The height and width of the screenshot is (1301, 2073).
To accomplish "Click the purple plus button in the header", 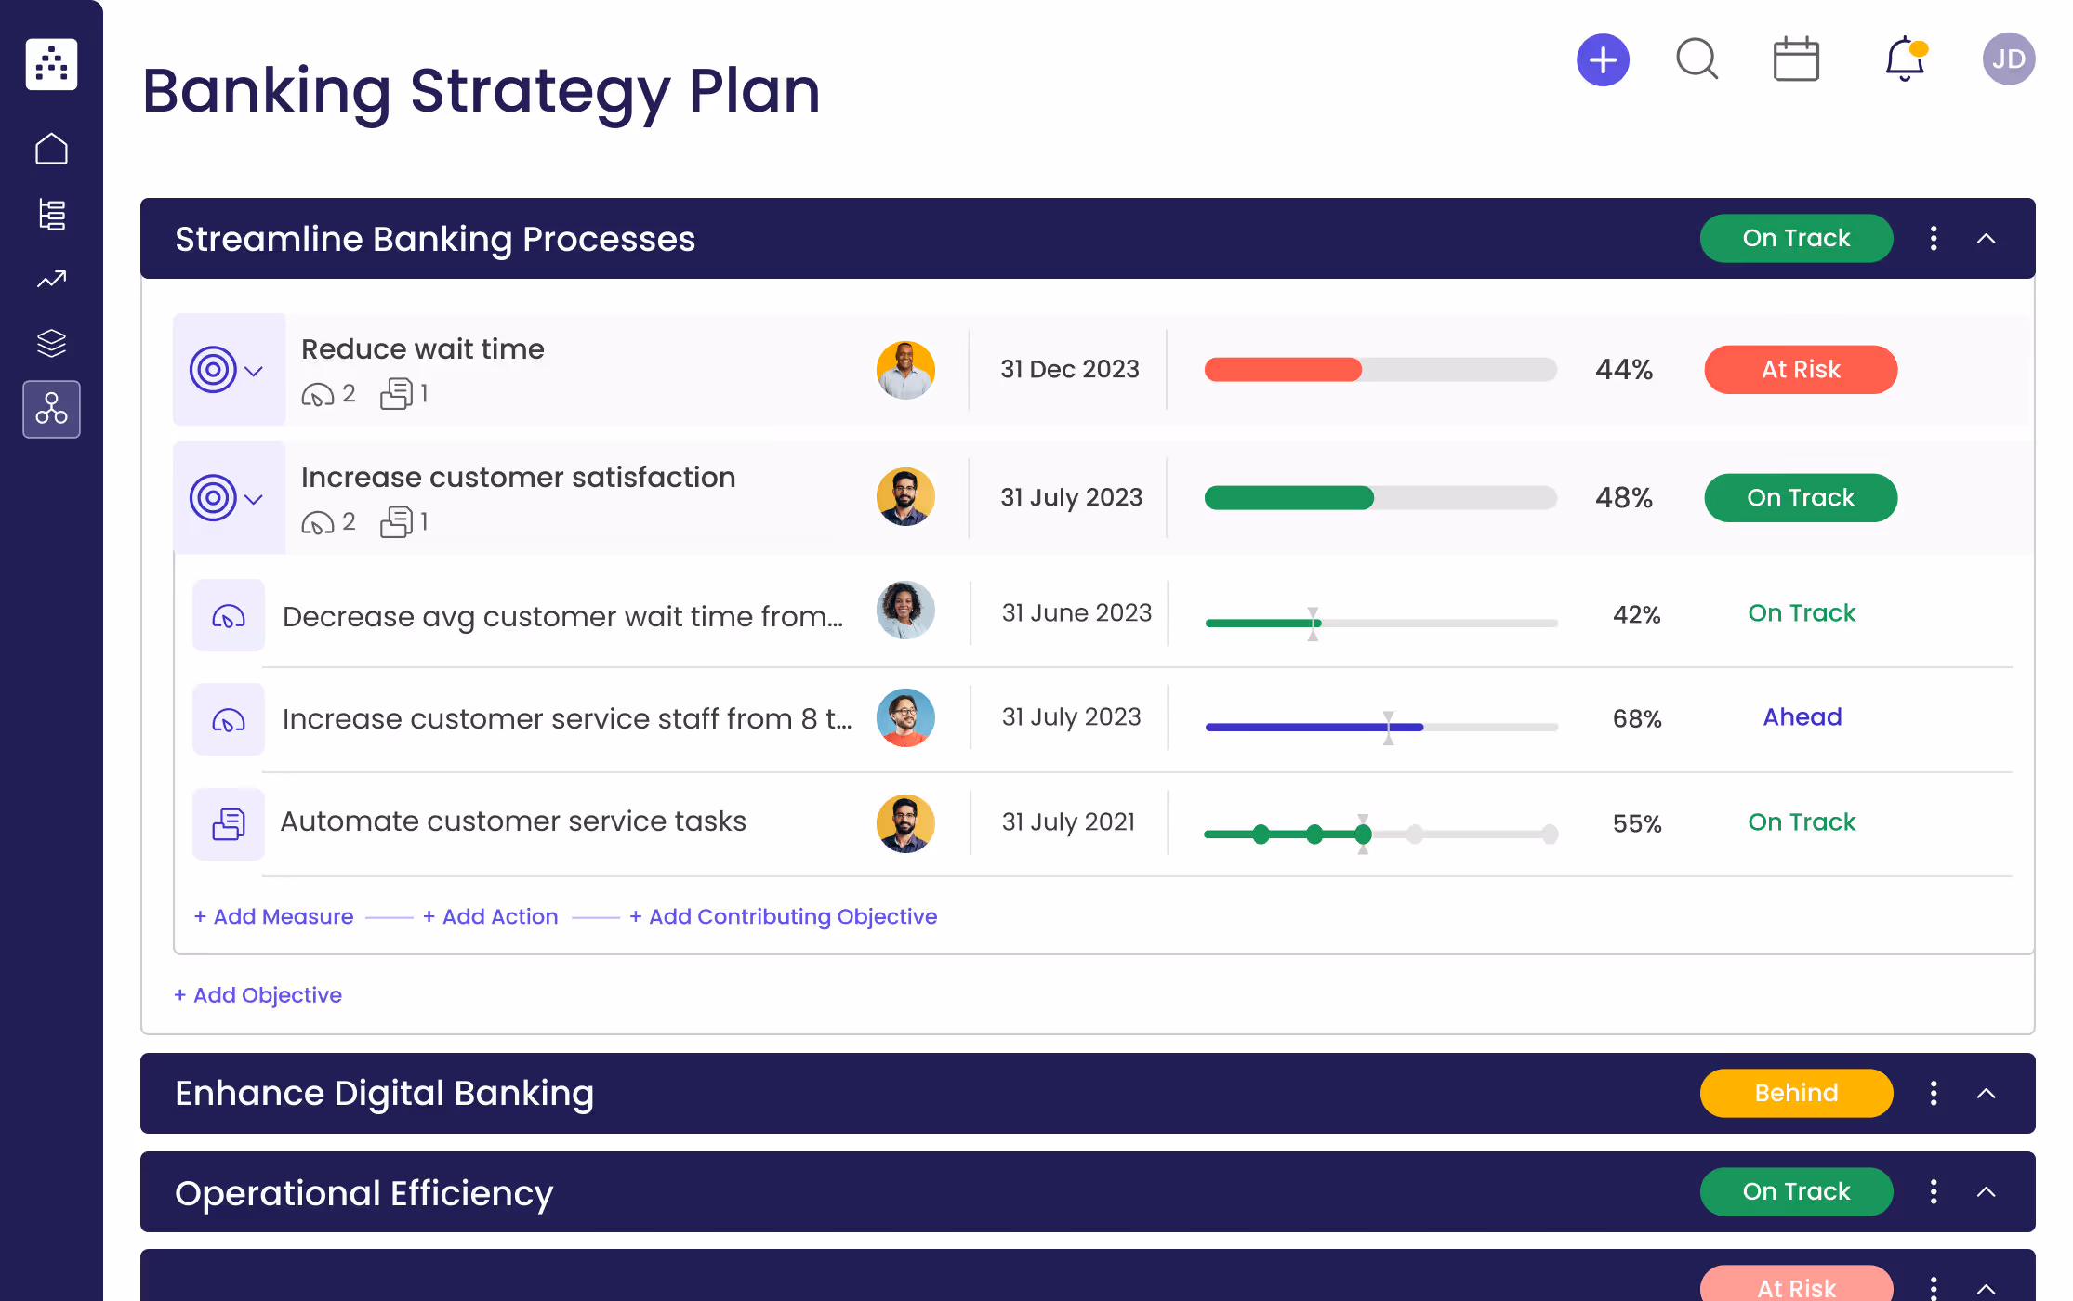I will pos(1603,60).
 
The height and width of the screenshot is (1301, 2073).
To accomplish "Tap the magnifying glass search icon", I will pos(1697,59).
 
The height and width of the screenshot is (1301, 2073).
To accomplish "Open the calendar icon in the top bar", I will pos(1796,59).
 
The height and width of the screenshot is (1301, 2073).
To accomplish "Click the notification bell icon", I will pos(1904,59).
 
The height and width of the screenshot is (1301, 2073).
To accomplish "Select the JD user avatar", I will pos(2008,59).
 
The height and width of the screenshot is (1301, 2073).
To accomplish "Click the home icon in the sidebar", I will pos(52,149).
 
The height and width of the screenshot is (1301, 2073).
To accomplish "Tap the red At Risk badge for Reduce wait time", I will pos(1800,370).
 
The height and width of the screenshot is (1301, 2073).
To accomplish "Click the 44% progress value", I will pos(1624,370).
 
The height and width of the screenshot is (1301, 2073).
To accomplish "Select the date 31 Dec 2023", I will pos(1069,370).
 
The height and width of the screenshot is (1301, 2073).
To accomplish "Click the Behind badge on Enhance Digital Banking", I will pos(1796,1093).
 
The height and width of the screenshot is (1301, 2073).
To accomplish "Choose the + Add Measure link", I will pos(274,916).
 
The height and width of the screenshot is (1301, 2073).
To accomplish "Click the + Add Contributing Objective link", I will pos(784,916).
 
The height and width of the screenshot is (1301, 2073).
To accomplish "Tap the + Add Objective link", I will pos(258,995).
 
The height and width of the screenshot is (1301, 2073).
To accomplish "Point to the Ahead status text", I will pos(1802,717).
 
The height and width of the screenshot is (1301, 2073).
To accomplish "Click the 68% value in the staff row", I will pos(1636,719).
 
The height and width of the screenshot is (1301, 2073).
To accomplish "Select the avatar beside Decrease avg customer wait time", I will pos(905,611).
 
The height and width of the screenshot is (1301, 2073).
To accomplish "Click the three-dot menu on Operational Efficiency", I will pos(1934,1191).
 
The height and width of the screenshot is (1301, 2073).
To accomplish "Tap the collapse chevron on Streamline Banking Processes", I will pos(1986,239).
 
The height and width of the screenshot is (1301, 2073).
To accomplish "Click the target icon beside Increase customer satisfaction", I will pos(213,498).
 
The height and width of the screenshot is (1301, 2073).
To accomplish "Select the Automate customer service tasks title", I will pos(513,821).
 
